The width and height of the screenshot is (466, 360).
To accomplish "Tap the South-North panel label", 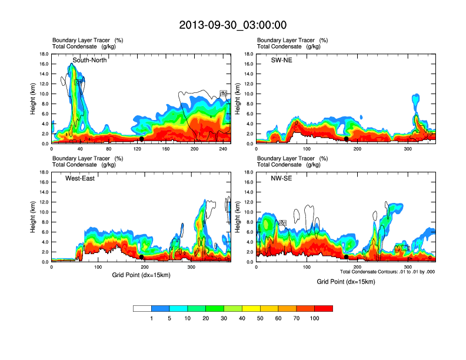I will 89,60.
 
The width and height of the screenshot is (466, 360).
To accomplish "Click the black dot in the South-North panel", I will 142,139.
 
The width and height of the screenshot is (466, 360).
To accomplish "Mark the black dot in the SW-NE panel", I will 347,139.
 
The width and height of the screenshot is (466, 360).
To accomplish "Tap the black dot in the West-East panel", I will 142,257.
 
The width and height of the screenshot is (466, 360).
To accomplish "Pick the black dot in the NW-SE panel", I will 347,257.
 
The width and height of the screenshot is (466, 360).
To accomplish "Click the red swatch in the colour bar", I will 324,308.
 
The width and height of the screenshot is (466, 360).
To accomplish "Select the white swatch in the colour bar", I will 142,308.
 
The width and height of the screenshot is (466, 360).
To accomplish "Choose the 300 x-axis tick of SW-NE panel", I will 408,149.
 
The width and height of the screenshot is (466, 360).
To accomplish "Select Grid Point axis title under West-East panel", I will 141,275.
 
